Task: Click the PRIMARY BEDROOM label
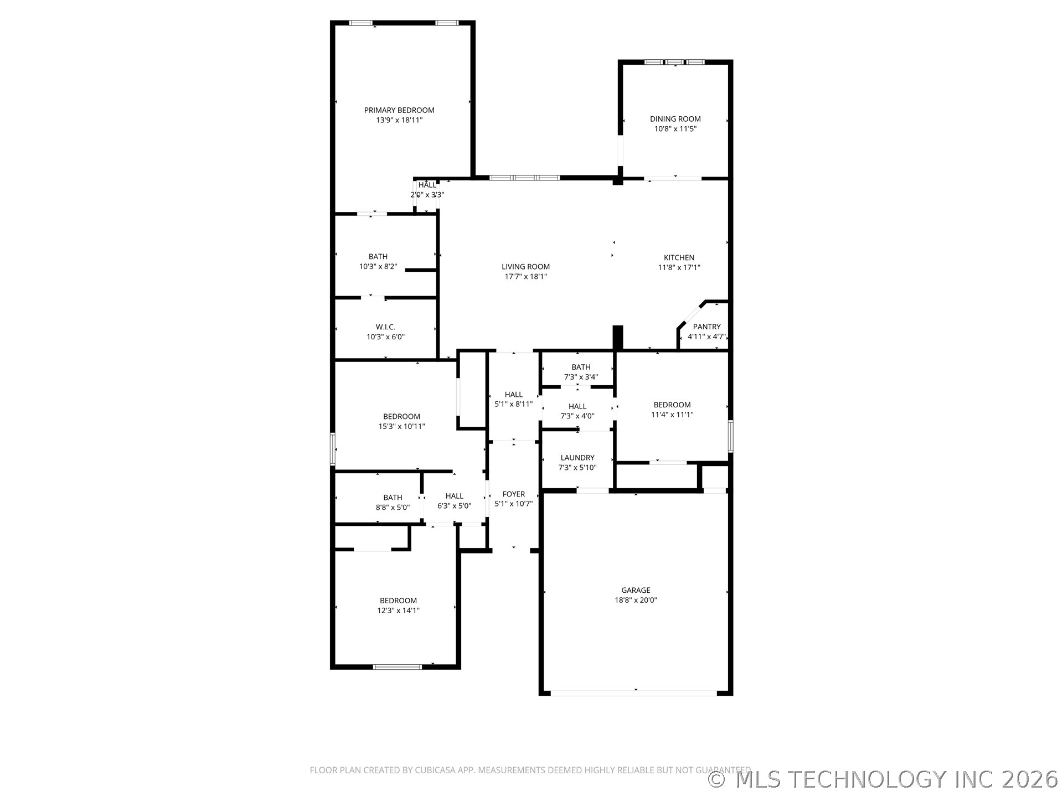pyautogui.click(x=399, y=110)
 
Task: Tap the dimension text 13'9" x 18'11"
pyautogui.click(x=399, y=120)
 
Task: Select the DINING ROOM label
pyautogui.click(x=675, y=119)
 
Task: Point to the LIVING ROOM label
pyautogui.click(x=526, y=267)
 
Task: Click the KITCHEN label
pyautogui.click(x=679, y=257)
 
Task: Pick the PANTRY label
pyautogui.click(x=707, y=327)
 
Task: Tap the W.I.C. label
pyautogui.click(x=385, y=327)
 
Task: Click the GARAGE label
pyautogui.click(x=636, y=590)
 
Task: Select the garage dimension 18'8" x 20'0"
pyautogui.click(x=636, y=600)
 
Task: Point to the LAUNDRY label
pyautogui.click(x=577, y=458)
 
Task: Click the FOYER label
pyautogui.click(x=514, y=494)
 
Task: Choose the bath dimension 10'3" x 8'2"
pyautogui.click(x=378, y=266)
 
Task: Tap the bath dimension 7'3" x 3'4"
pyautogui.click(x=581, y=377)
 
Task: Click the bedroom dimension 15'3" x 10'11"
pyautogui.click(x=402, y=426)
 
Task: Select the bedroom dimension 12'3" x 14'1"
pyautogui.click(x=399, y=610)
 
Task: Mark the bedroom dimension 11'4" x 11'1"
pyautogui.click(x=672, y=415)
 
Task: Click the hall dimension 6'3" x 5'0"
pyautogui.click(x=455, y=506)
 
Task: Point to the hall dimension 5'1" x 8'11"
pyautogui.click(x=514, y=404)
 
